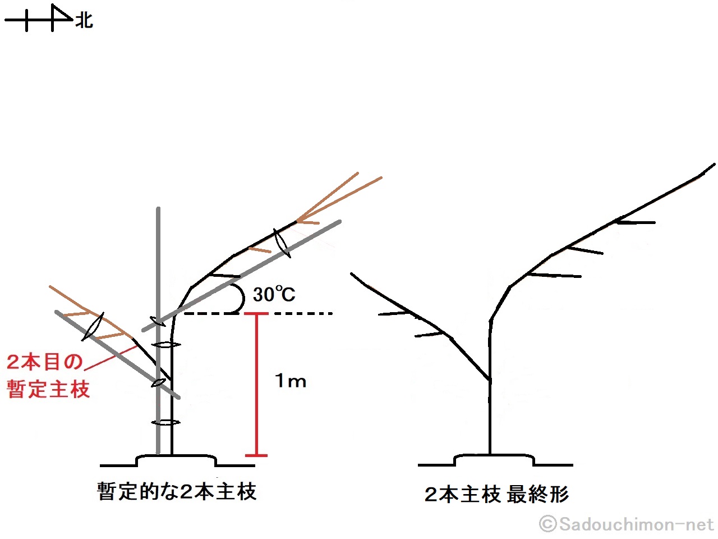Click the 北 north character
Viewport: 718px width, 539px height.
[x=84, y=21]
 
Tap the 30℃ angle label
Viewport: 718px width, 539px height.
[x=274, y=294]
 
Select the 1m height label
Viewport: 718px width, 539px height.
[x=291, y=381]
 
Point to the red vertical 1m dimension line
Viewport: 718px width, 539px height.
[x=256, y=387]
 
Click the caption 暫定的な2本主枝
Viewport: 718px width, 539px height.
[x=177, y=492]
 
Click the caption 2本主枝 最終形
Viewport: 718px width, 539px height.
[x=496, y=495]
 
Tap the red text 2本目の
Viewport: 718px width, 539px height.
[x=45, y=362]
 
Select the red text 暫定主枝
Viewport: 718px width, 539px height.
[x=49, y=389]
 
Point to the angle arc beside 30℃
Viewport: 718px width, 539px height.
[x=240, y=298]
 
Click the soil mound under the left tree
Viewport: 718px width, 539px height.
[x=176, y=460]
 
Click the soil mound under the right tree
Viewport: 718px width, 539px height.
[x=494, y=460]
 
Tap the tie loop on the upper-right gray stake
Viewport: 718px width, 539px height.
[x=282, y=243]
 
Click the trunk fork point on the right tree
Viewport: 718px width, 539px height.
[x=490, y=381]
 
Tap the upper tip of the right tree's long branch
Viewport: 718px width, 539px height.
[x=713, y=165]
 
